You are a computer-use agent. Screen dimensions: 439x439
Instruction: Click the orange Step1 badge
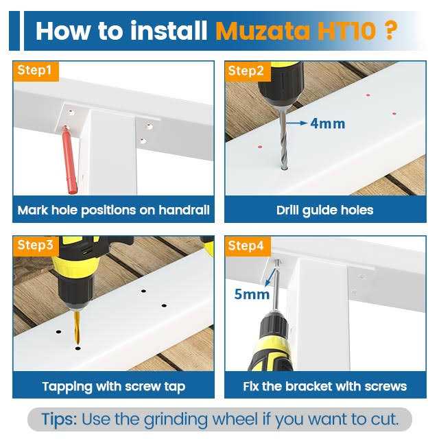36,71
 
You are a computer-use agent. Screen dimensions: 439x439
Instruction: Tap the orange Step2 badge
248,71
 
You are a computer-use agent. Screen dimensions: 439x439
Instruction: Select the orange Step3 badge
36,246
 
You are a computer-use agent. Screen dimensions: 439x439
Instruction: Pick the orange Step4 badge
248,246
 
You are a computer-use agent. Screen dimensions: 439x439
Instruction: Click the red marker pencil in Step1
69,160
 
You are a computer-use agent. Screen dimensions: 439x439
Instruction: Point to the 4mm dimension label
328,123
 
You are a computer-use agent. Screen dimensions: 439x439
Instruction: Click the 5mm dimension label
252,294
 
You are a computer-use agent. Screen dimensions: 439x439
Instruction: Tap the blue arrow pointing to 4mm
297,123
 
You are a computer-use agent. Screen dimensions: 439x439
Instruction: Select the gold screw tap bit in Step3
77,327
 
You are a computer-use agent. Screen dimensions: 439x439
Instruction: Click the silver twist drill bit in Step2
283,140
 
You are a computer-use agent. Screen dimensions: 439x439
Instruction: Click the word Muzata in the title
262,31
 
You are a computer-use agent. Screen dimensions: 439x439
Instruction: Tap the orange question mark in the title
390,30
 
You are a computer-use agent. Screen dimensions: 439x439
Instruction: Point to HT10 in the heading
346,31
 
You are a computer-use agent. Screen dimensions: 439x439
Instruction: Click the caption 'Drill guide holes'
324,211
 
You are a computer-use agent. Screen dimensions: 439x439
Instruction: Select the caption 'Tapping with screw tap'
114,387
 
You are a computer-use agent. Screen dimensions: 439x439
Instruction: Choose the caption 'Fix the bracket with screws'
324,386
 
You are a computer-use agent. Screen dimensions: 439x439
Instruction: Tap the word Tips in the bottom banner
59,419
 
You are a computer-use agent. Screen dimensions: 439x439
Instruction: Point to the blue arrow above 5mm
270,278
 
